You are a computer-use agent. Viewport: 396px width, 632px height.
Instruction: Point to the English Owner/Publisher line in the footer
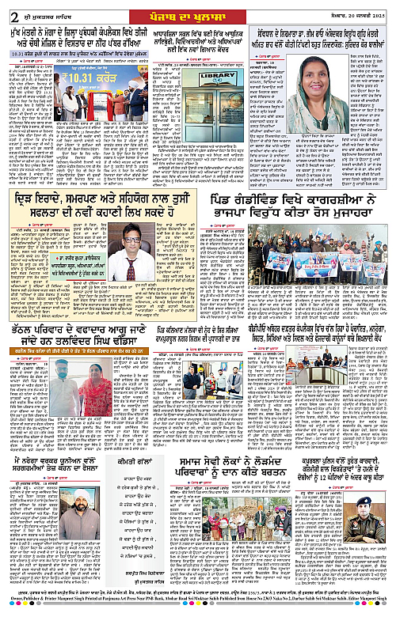coord(198,623)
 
